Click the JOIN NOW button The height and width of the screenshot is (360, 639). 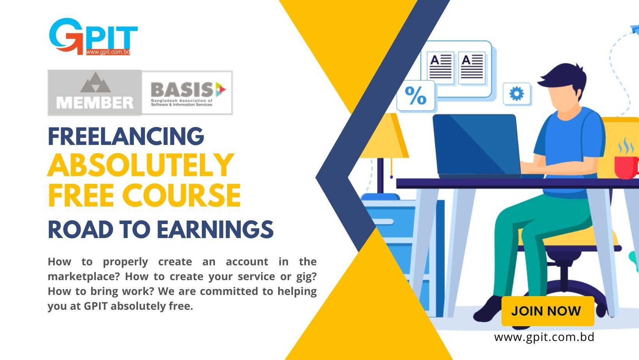(x=548, y=311)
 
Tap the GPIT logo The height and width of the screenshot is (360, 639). (x=93, y=37)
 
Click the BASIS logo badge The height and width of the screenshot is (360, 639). (x=187, y=93)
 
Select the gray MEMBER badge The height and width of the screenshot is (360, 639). (x=95, y=93)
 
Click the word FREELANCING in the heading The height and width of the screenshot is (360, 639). (x=126, y=136)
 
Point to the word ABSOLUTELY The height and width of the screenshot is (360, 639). (x=141, y=165)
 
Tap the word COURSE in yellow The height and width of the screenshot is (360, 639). (x=182, y=196)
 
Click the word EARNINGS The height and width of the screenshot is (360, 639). (x=215, y=229)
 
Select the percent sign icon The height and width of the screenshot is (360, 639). (x=416, y=96)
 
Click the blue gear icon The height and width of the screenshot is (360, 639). (x=517, y=94)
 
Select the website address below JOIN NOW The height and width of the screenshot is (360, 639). (x=544, y=337)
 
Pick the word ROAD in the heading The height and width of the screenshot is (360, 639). (x=80, y=229)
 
